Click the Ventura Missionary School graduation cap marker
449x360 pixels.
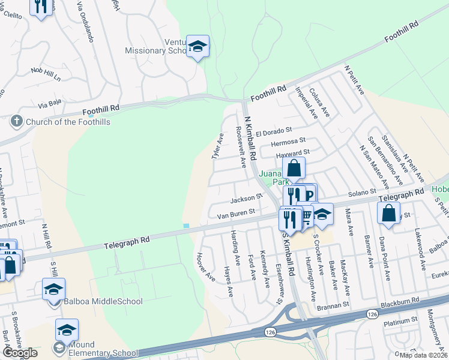[196, 46]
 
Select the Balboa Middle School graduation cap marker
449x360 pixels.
[53, 290]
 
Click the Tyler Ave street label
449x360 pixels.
[217, 146]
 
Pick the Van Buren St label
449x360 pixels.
[236, 212]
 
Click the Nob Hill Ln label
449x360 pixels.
[46, 74]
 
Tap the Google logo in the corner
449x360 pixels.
[20, 353]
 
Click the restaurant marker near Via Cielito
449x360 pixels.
[41, 7]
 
